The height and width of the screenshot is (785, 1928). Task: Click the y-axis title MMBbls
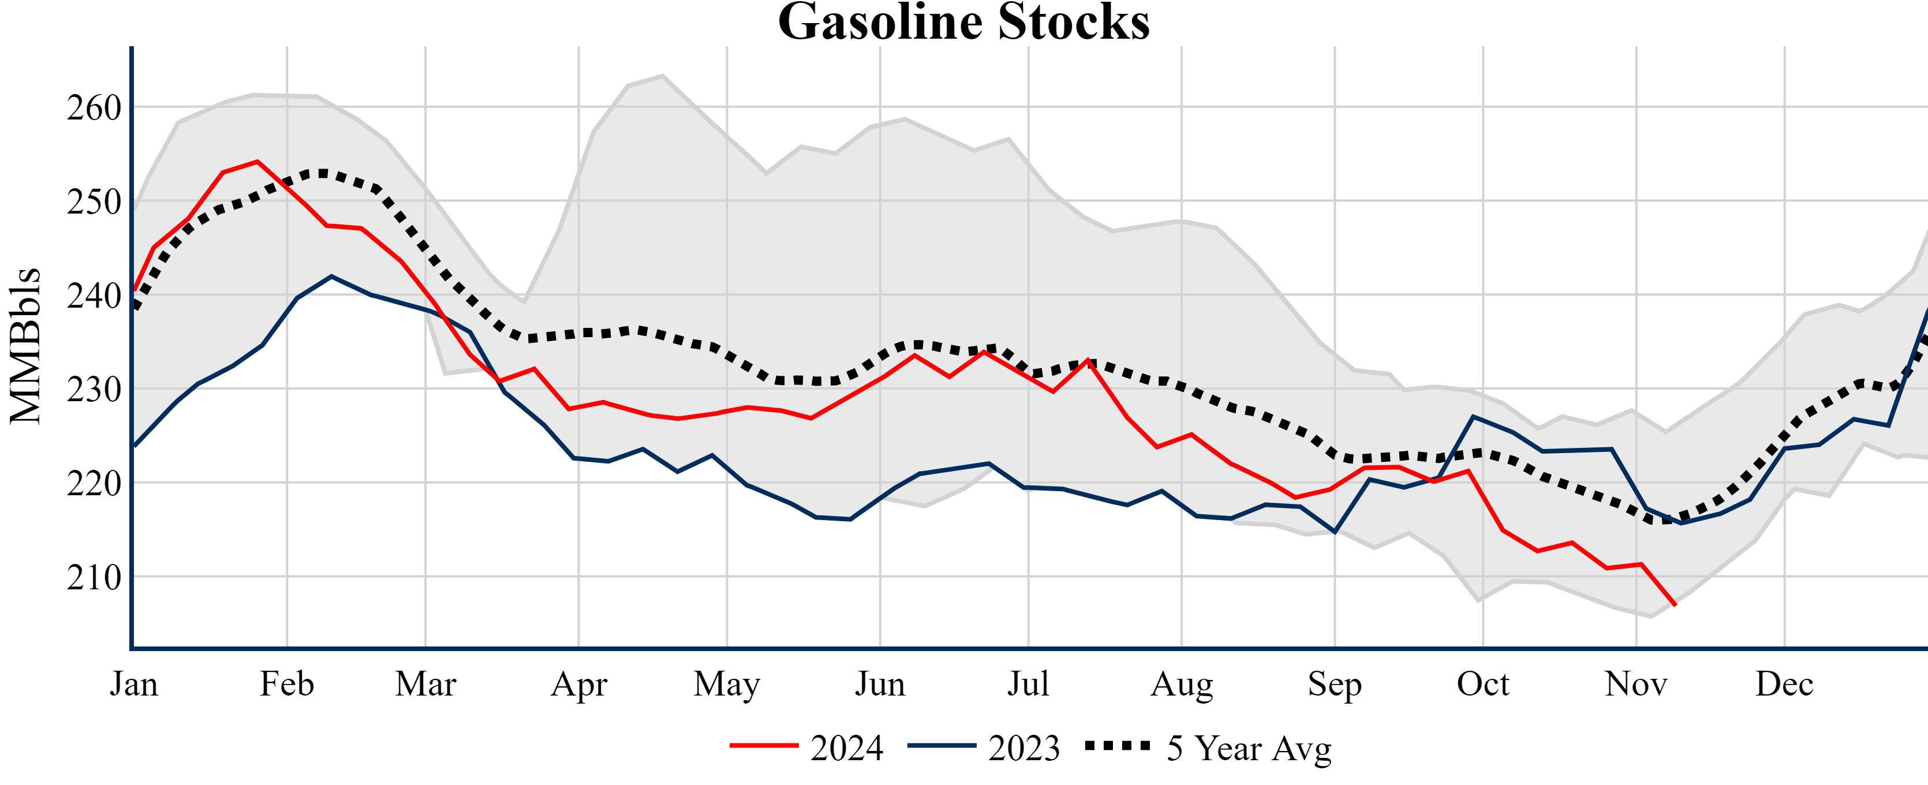[25, 346]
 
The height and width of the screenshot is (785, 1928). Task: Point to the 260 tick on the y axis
[94, 109]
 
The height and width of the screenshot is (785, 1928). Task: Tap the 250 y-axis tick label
[94, 202]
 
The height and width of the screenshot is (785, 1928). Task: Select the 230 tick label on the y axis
[94, 390]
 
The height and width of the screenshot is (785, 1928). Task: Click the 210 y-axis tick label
[94, 578]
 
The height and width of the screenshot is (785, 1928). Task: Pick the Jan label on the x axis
[134, 684]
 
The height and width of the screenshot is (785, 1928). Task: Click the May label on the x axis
[726, 684]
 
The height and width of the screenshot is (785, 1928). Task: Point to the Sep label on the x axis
[1334, 684]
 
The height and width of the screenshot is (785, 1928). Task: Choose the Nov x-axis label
[1635, 684]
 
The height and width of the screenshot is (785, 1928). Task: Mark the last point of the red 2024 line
[1675, 605]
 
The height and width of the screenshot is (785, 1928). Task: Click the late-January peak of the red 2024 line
[257, 161]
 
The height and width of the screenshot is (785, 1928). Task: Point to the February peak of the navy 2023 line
[331, 276]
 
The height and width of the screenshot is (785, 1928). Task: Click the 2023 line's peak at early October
[1473, 416]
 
